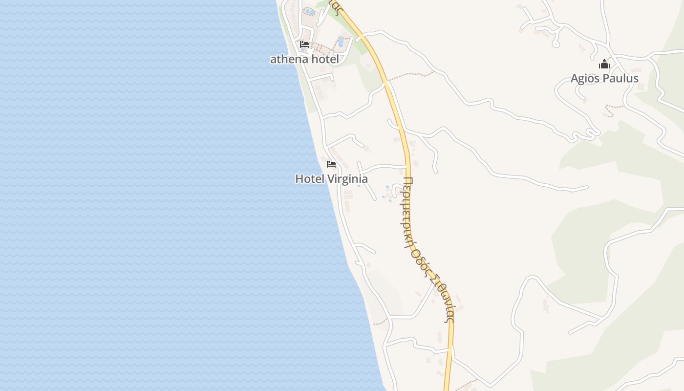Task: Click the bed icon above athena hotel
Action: click(304, 44)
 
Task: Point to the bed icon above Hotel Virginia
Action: click(331, 164)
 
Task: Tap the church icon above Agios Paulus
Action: click(604, 64)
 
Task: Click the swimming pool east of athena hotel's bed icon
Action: click(341, 42)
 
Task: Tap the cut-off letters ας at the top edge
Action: click(335, 4)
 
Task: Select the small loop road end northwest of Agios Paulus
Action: click(555, 43)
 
